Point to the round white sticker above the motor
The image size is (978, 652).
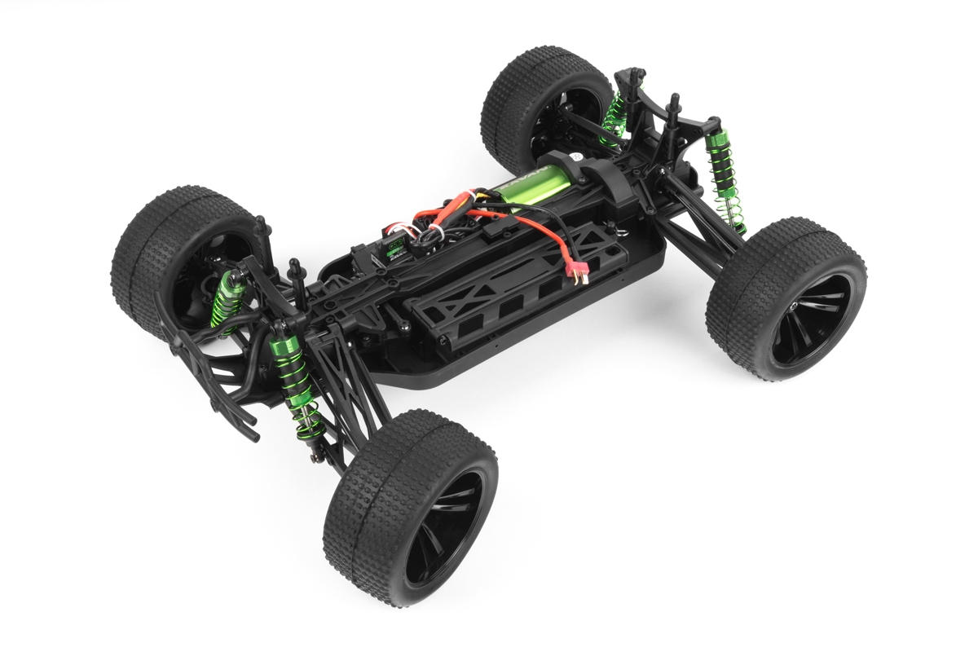(x=574, y=156)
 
